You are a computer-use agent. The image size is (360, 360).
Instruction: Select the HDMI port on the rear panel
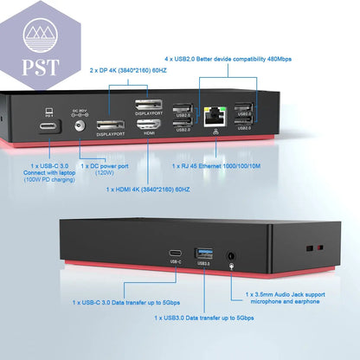tap(149, 123)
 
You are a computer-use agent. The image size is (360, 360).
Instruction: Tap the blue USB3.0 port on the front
tap(204, 254)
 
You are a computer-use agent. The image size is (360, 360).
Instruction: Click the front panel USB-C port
tap(176, 254)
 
